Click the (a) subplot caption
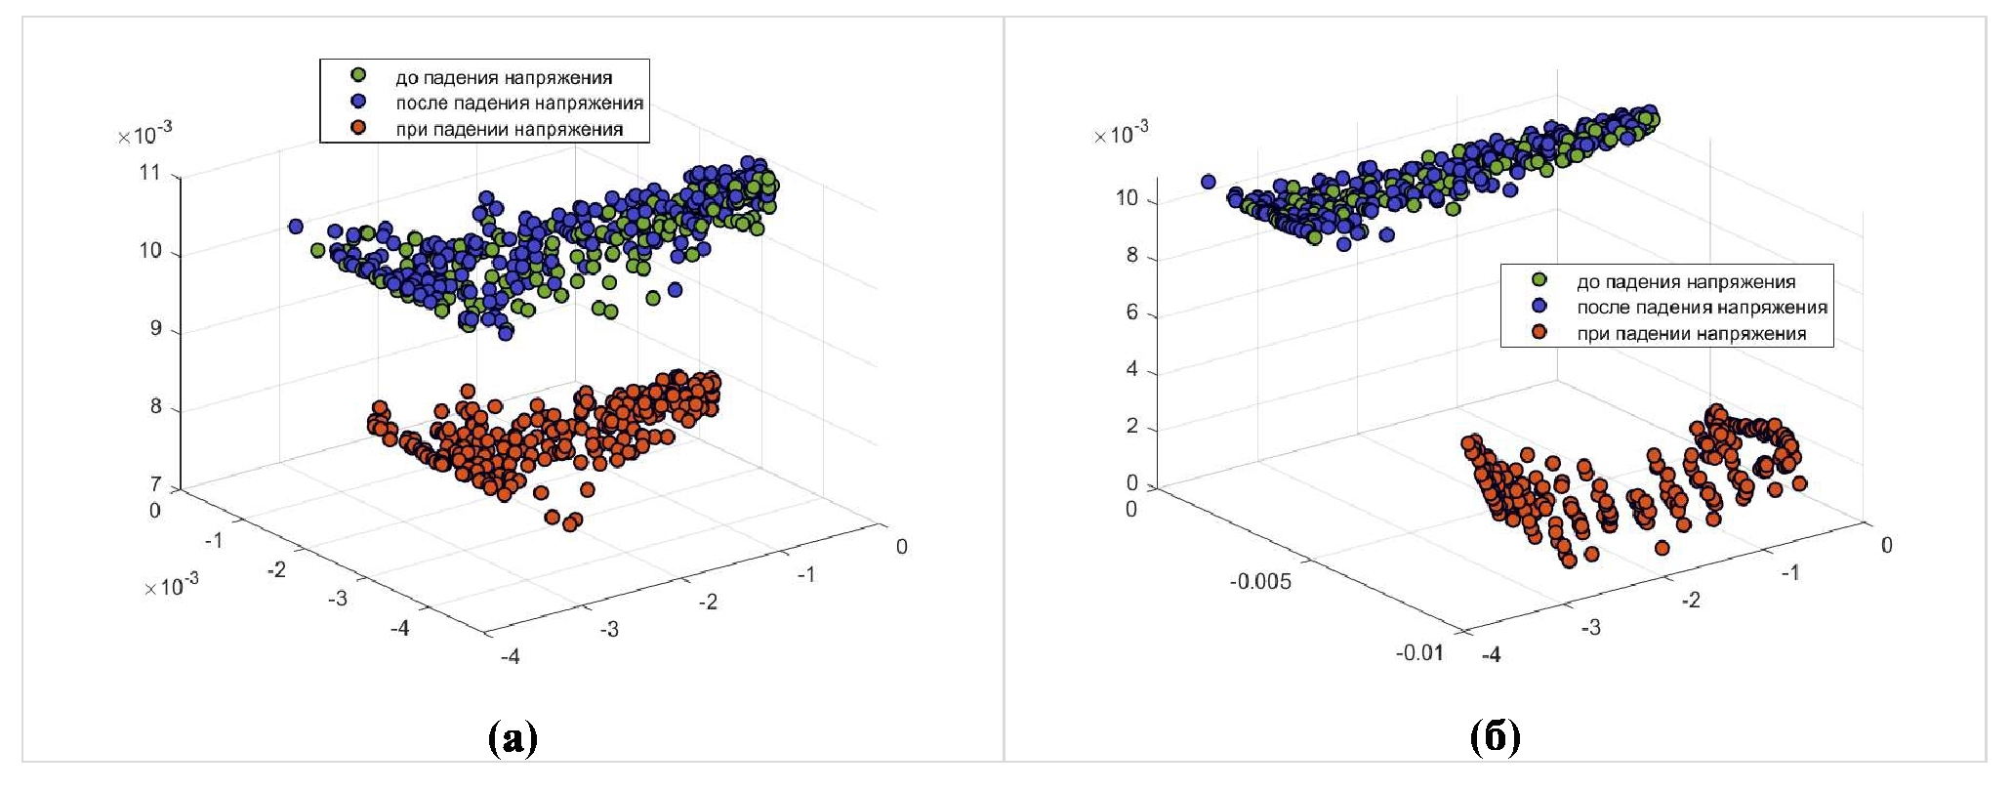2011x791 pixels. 513,739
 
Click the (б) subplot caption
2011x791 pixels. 1495,739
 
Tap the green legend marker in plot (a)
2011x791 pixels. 358,75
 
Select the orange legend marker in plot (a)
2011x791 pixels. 358,127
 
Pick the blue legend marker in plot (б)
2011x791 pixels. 1539,306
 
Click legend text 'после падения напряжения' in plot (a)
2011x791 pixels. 518,103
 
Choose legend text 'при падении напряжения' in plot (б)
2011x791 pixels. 1691,333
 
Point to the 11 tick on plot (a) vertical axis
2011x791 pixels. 150,173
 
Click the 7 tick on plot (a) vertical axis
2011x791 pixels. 156,484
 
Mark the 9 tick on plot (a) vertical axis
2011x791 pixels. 156,328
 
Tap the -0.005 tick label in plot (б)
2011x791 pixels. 1259,582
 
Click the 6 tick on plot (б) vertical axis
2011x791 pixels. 1132,312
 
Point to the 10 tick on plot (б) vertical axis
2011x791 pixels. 1127,198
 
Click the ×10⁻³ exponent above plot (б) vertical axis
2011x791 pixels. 1121,133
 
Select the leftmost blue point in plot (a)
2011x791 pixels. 296,226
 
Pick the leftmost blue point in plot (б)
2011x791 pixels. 1208,182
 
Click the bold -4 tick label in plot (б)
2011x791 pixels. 1491,654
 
